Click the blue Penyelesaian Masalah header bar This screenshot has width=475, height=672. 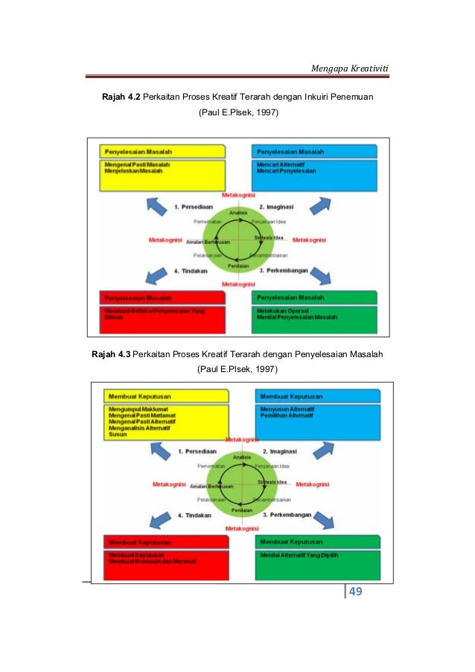tap(313, 151)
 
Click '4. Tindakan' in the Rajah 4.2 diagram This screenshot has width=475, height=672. tap(189, 271)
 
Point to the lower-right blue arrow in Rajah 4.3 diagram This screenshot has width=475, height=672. tap(322, 518)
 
